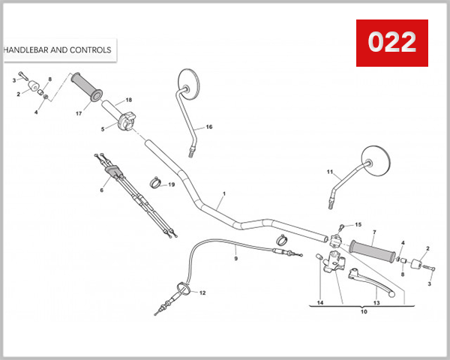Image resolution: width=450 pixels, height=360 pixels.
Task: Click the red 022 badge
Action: (391, 43)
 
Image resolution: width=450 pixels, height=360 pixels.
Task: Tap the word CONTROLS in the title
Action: (91, 50)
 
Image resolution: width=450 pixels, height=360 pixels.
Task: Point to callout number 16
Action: (209, 127)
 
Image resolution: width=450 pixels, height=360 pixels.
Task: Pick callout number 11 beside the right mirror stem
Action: (329, 172)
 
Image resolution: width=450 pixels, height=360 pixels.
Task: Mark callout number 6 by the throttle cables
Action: (101, 190)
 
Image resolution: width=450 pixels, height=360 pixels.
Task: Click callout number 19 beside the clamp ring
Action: (171, 184)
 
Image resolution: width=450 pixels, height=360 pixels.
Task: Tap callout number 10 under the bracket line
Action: (364, 313)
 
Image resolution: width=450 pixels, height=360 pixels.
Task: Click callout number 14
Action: (320, 303)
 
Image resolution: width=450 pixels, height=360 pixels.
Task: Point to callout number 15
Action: (358, 224)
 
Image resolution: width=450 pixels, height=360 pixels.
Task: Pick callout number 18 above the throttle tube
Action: (128, 100)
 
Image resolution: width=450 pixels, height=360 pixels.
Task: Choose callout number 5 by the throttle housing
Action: (103, 129)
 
